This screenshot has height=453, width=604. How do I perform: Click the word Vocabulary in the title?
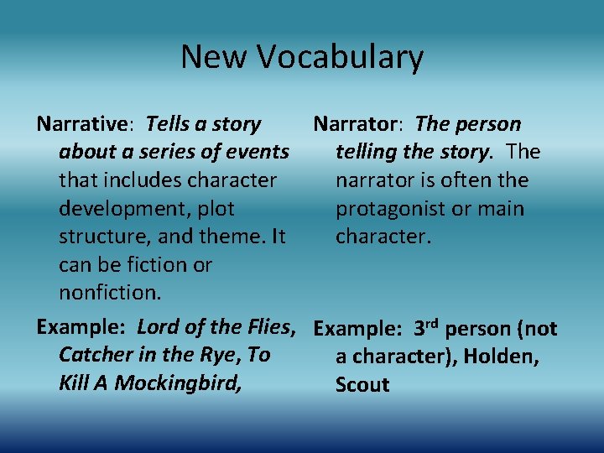pos(340,57)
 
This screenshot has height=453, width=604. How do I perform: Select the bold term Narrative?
pos(81,124)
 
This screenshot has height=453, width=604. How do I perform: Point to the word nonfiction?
pos(109,293)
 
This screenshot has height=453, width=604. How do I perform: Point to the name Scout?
pos(362,385)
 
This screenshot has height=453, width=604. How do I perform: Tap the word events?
pos(261,152)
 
